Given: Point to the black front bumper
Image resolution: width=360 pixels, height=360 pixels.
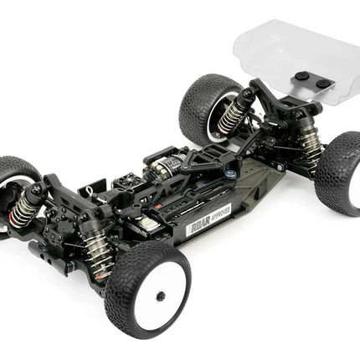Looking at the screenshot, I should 42,251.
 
